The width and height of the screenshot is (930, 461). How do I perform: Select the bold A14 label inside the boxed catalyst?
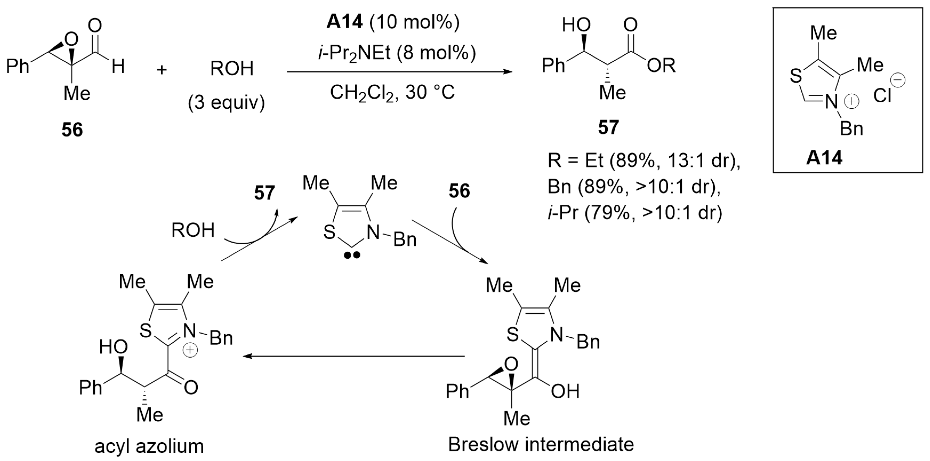tap(824, 158)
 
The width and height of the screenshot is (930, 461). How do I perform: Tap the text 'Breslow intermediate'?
tap(541, 444)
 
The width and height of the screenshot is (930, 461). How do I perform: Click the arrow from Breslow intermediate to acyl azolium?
tap(354, 356)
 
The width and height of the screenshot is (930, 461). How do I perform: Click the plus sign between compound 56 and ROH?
tap(162, 69)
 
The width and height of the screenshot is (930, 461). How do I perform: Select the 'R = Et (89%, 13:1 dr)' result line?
tap(644, 160)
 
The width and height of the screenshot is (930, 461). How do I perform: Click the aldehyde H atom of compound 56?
tap(118, 67)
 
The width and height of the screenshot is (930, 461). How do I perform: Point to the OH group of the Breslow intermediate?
tap(565, 391)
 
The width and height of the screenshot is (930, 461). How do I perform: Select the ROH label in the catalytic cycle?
tap(193, 230)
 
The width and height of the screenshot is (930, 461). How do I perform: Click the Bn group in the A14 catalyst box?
tap(852, 128)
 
